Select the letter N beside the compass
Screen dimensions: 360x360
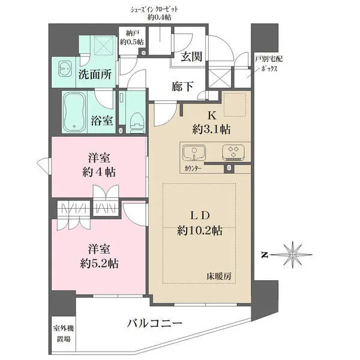pos(264,255)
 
